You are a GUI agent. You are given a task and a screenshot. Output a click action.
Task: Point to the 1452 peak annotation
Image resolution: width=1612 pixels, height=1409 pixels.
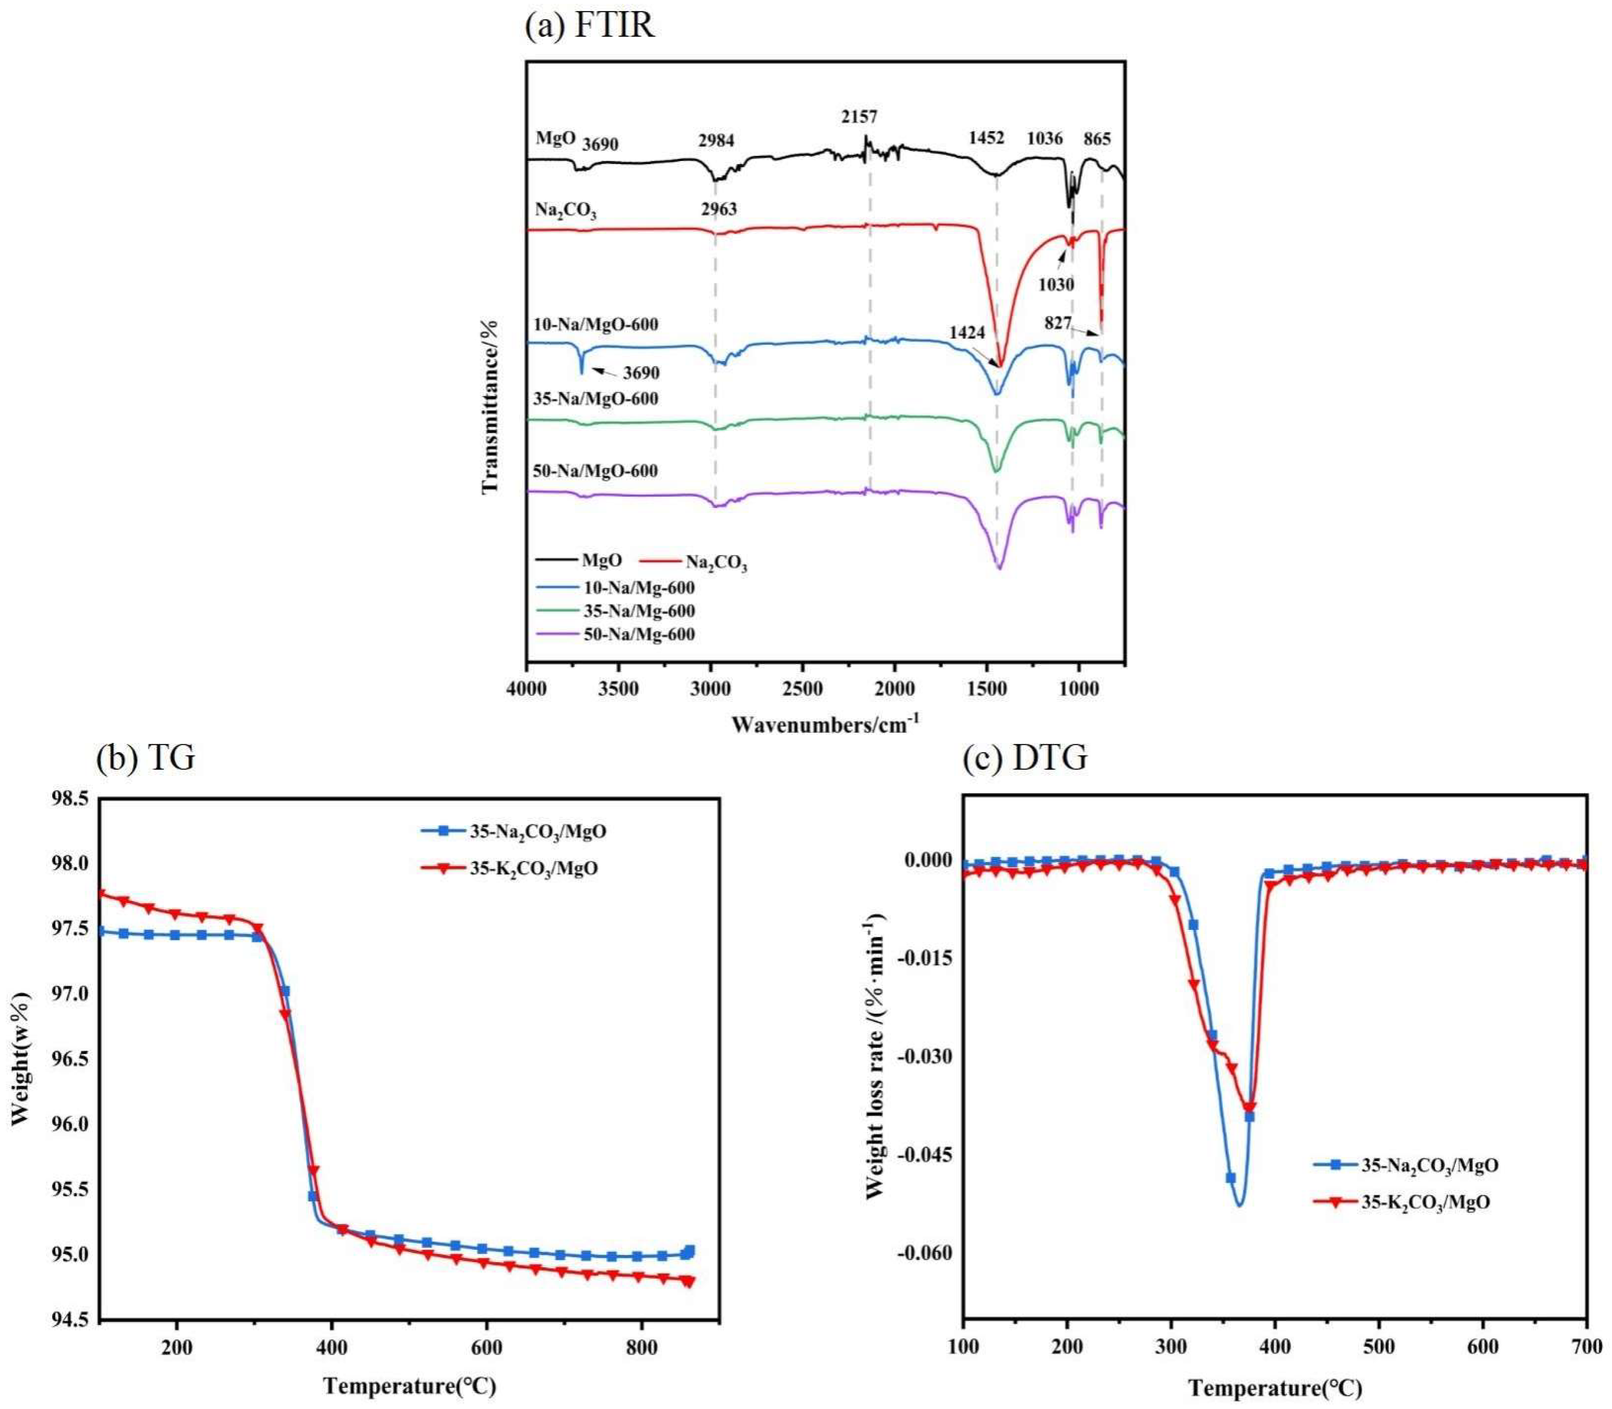[x=986, y=138]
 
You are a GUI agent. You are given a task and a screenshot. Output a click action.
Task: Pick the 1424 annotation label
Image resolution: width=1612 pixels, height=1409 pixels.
[x=966, y=333]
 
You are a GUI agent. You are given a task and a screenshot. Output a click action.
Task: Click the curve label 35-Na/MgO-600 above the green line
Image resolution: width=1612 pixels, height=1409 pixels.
[x=595, y=399]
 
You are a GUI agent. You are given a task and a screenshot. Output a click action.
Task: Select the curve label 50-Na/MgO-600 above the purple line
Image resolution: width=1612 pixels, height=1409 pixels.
[x=595, y=471]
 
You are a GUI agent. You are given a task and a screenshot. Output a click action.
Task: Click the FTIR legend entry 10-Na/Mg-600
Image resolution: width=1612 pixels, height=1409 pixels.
[x=638, y=587]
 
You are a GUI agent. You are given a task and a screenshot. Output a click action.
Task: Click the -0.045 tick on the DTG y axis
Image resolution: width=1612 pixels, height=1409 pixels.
[x=925, y=1155]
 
